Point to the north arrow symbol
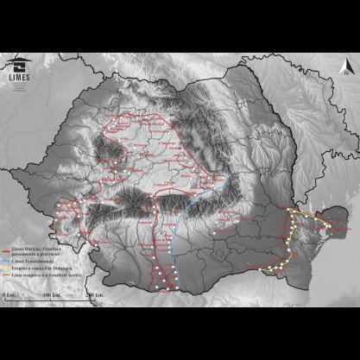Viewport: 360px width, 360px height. coord(342,63)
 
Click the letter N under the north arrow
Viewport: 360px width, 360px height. coord(342,73)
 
